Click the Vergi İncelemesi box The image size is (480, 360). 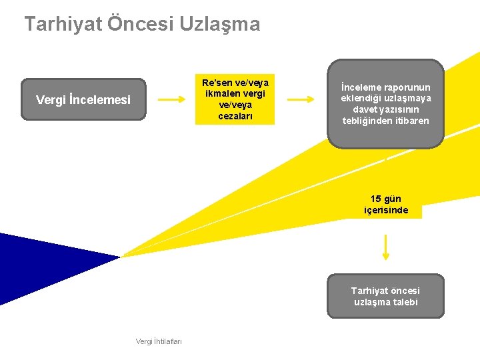point(83,99)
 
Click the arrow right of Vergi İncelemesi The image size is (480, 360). point(172,99)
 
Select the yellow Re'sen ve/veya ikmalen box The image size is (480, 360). point(235,99)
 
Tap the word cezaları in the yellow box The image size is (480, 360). point(235,117)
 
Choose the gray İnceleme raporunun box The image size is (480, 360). point(385,103)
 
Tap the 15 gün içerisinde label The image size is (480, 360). point(386,205)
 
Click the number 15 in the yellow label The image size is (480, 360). point(376,199)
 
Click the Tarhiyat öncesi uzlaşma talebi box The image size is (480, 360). point(385,296)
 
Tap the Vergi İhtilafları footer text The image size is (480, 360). point(159,341)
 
